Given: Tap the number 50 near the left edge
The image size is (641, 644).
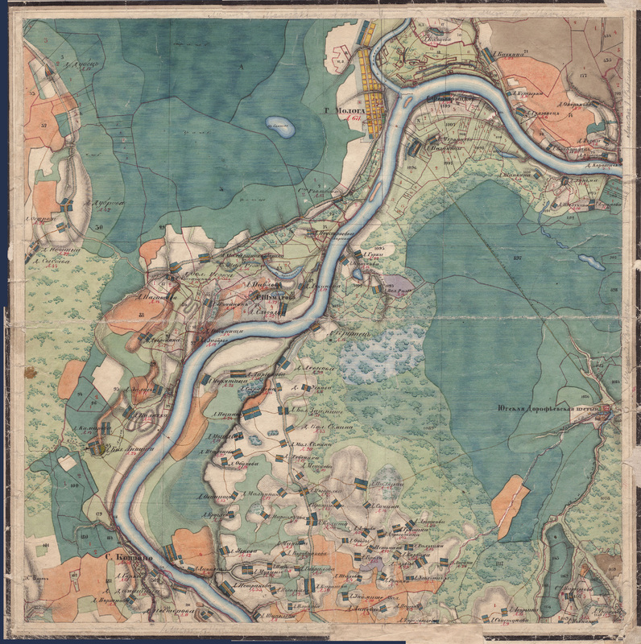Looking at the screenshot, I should point(98,229).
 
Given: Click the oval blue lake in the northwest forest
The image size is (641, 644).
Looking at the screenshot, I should point(279,126).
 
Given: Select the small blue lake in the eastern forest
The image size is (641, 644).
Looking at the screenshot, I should point(590,262).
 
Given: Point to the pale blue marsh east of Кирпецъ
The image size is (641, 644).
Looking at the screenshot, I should point(378,355).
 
